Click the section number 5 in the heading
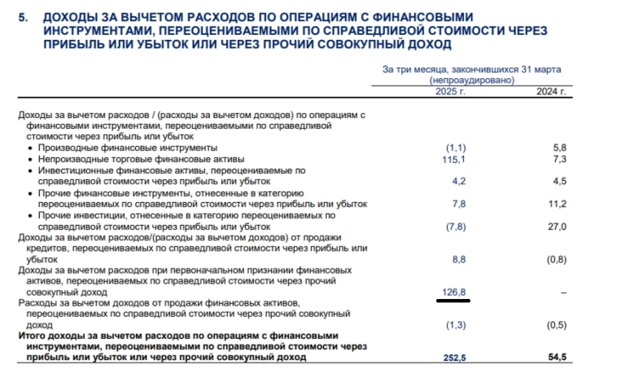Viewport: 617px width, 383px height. [x=22, y=17]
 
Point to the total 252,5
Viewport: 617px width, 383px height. [x=454, y=357]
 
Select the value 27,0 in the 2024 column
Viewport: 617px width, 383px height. [x=557, y=226]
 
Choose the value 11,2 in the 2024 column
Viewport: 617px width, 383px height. [x=557, y=204]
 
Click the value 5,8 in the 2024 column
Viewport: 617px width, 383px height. [x=558, y=147]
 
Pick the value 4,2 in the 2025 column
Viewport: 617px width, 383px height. [x=457, y=181]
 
